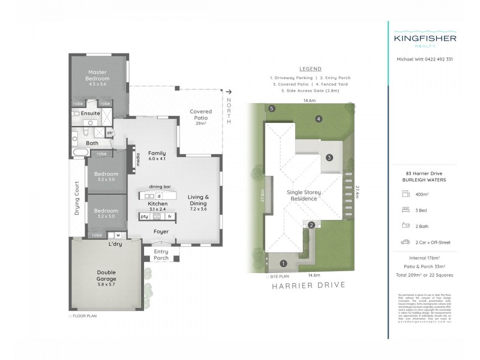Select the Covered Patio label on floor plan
200,114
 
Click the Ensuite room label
91,113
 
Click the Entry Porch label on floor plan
161,254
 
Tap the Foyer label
161,231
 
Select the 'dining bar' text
159,187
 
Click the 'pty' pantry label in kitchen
144,216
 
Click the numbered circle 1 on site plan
284,263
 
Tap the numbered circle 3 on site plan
329,157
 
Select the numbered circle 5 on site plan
272,109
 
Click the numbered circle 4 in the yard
319,119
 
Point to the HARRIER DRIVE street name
310,285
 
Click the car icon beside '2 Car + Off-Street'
405,242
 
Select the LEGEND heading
309,69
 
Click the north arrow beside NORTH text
229,92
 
